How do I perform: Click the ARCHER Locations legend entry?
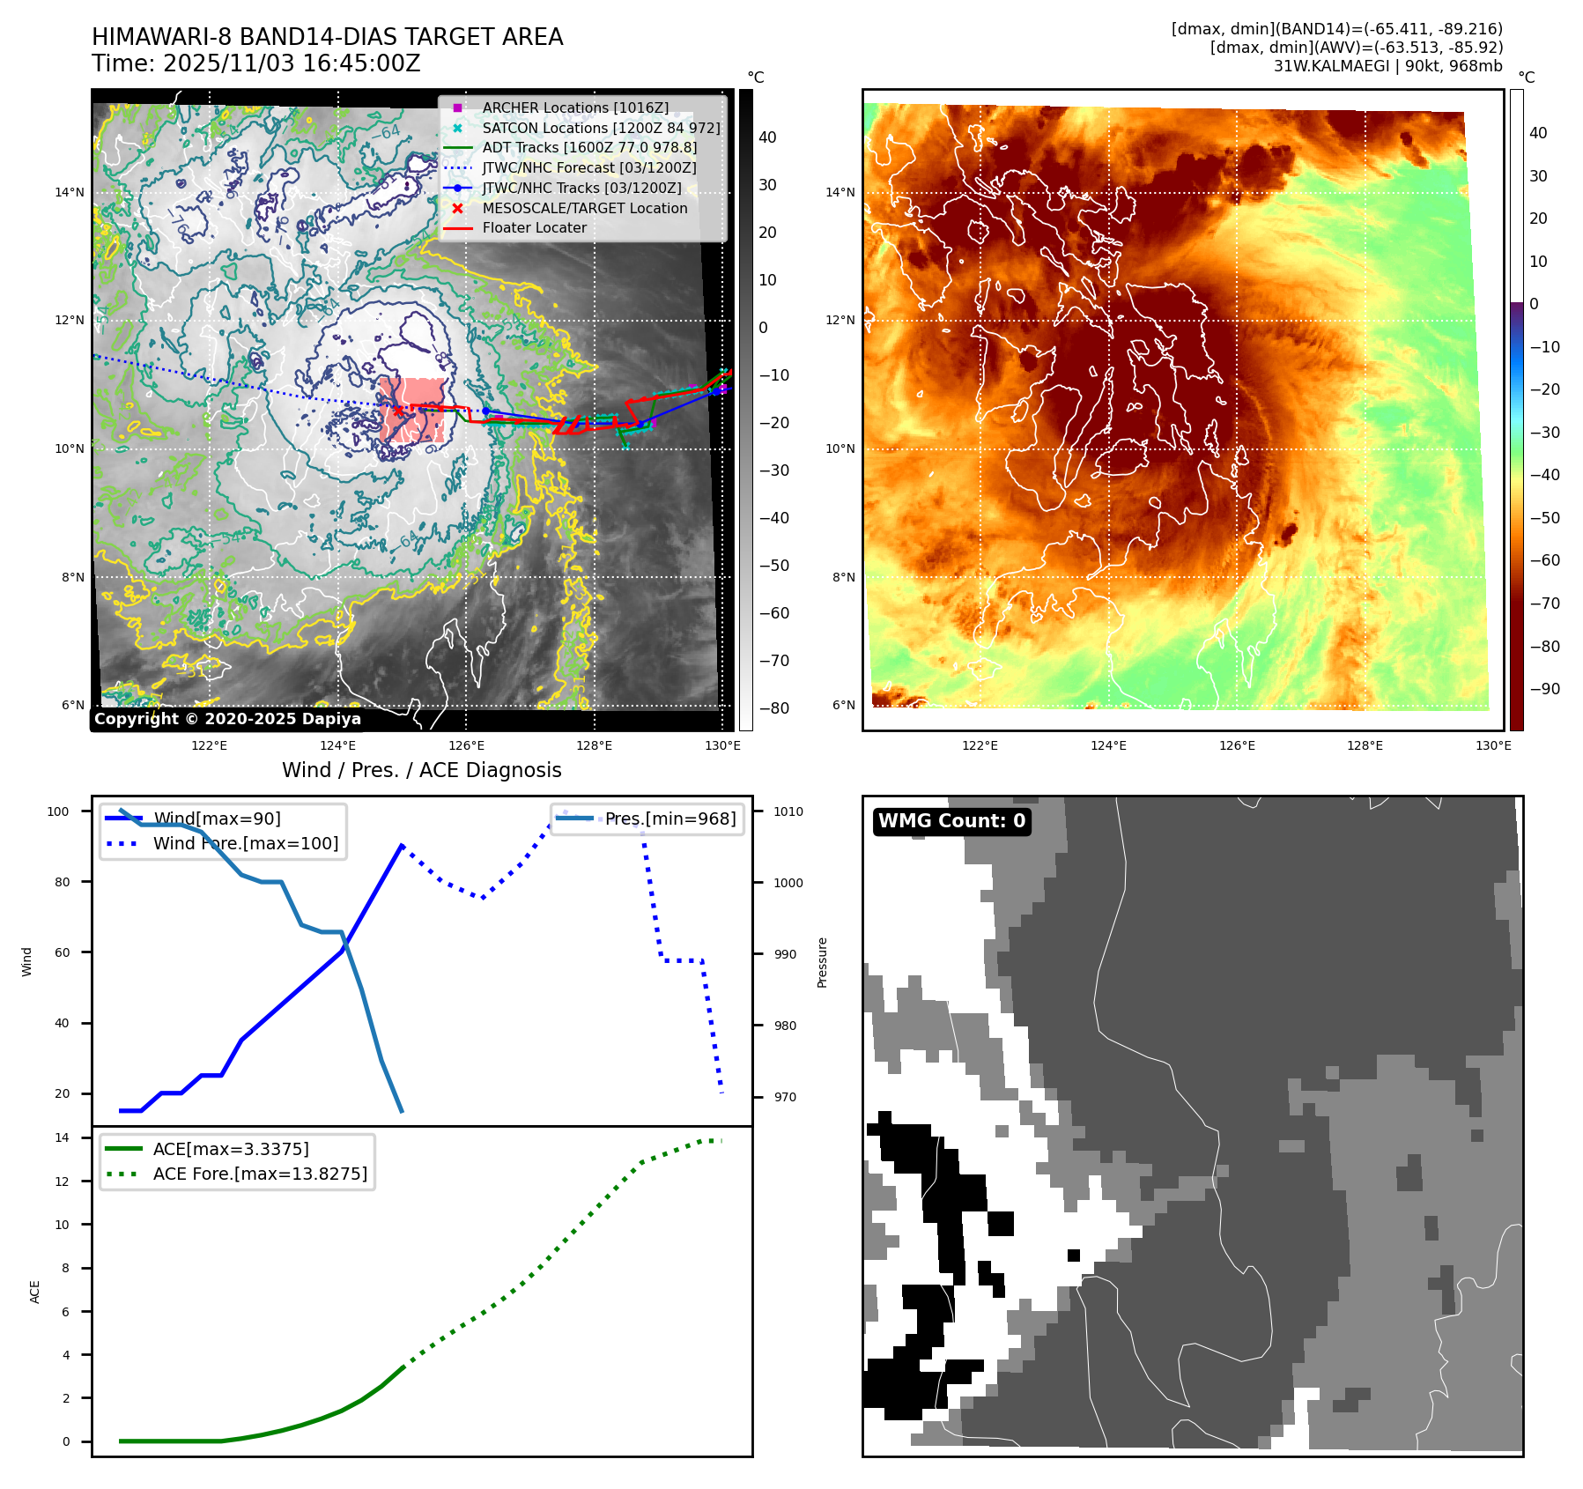575,107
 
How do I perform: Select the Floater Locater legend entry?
534,227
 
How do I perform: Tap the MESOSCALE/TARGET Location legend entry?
584,208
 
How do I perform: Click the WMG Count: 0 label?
951,821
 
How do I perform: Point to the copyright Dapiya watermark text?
227,719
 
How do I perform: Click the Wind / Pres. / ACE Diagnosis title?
421,770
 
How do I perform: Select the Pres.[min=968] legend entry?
669,819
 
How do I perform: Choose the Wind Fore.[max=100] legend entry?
245,843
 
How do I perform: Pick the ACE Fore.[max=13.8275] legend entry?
260,1174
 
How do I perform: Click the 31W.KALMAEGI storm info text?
1387,65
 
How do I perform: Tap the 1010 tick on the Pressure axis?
788,811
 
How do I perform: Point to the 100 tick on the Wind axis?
58,811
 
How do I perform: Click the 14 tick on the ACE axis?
62,1137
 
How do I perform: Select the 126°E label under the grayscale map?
466,745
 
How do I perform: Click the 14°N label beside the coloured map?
840,192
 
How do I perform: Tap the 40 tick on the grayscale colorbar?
767,137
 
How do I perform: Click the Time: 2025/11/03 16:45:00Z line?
255,63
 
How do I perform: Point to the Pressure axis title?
822,962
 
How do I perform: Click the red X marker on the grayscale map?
398,411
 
